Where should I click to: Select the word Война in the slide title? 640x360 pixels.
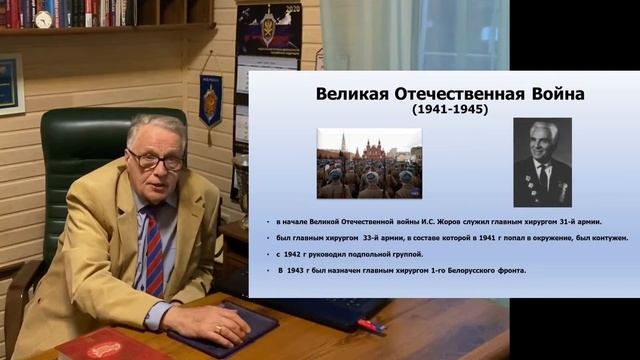point(552,95)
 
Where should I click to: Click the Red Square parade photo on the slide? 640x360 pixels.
point(369,163)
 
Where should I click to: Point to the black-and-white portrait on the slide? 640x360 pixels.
point(542,161)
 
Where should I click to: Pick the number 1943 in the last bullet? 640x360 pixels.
point(300,271)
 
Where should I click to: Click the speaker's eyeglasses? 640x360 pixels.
point(157,159)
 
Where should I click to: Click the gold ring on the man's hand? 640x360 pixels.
point(219,327)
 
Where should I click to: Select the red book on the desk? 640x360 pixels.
point(99,346)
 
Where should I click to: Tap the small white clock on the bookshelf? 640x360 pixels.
point(43,18)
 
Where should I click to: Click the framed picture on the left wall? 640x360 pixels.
point(10,84)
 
